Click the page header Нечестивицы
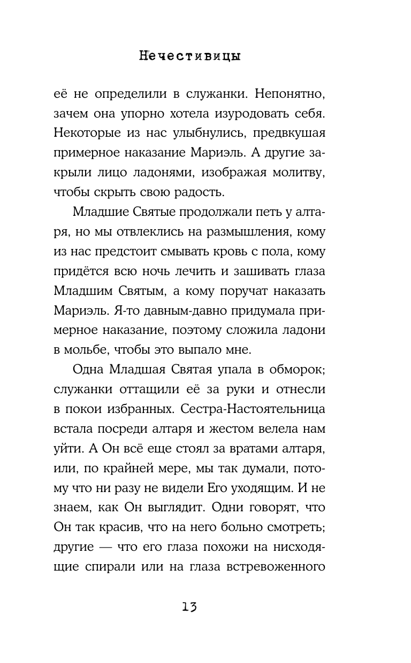point(189,56)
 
